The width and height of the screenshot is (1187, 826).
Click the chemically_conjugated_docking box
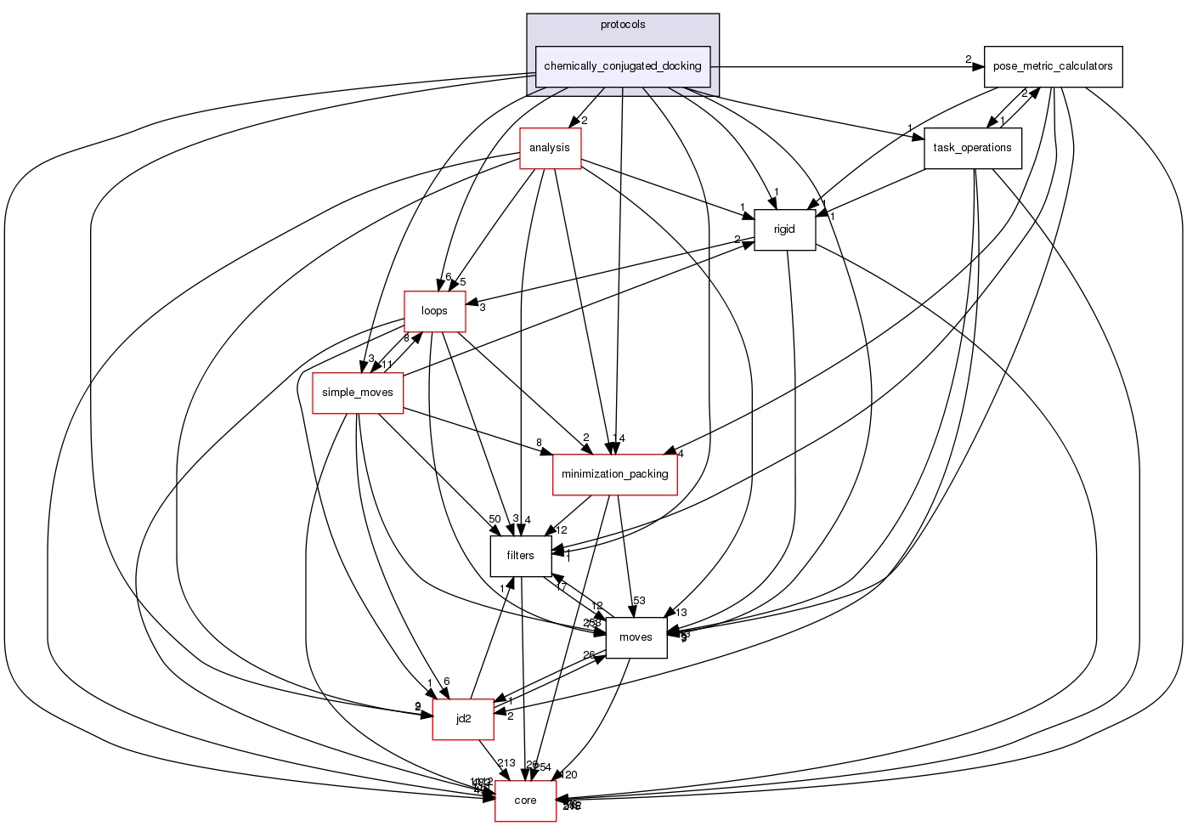pyautogui.click(x=623, y=66)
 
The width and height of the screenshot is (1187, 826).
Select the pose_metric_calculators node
pyautogui.click(x=1053, y=66)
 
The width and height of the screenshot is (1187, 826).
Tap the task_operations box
pyautogui.click(x=972, y=148)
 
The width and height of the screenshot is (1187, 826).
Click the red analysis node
pyautogui.click(x=549, y=148)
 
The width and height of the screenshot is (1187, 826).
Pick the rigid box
pyautogui.click(x=784, y=229)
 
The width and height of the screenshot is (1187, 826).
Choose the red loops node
pyautogui.click(x=434, y=311)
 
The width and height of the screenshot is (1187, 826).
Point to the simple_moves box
pyautogui.click(x=358, y=393)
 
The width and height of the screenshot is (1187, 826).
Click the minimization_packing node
pyautogui.click(x=614, y=474)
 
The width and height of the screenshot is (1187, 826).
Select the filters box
pyautogui.click(x=520, y=556)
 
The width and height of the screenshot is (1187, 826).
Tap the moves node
pyautogui.click(x=636, y=637)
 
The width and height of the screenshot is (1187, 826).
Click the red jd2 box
pyautogui.click(x=463, y=719)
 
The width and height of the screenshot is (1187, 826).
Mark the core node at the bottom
pyautogui.click(x=525, y=801)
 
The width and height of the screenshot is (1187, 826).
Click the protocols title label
pyautogui.click(x=623, y=25)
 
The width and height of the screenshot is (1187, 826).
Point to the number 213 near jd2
pyautogui.click(x=506, y=763)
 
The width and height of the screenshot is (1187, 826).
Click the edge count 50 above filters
pyautogui.click(x=495, y=519)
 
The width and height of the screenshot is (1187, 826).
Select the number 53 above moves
pyautogui.click(x=639, y=602)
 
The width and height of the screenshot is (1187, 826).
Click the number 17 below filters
pyautogui.click(x=561, y=587)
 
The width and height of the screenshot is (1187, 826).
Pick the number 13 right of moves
pyautogui.click(x=681, y=613)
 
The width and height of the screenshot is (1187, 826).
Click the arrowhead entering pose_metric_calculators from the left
pyautogui.click(x=978, y=66)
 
